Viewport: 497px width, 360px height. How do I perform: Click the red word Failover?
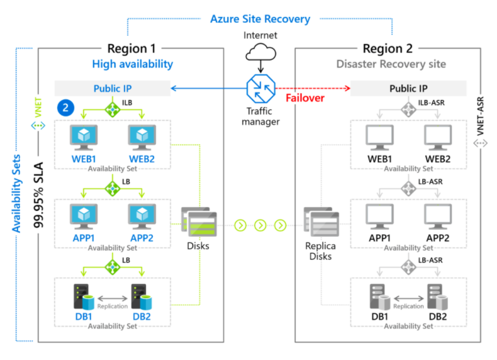(x=305, y=98)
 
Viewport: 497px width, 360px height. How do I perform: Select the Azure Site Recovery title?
(x=260, y=19)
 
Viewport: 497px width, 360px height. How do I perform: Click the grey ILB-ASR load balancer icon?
(x=408, y=109)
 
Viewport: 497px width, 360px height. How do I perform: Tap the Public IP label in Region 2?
(x=408, y=89)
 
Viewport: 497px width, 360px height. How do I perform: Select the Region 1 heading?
(x=132, y=48)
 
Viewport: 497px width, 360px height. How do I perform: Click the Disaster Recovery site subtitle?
(x=391, y=64)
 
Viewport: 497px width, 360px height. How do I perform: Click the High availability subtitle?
(x=132, y=64)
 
